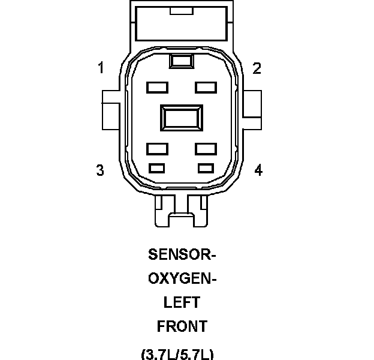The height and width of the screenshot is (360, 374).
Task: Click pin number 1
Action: (101, 68)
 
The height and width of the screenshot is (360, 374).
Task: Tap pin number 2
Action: (257, 68)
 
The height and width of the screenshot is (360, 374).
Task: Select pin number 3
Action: (100, 170)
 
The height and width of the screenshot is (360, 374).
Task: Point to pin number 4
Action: (258, 170)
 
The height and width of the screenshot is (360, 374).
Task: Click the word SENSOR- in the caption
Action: (182, 254)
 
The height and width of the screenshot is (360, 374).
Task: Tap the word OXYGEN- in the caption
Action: (182, 278)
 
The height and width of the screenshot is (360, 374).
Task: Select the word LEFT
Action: (182, 302)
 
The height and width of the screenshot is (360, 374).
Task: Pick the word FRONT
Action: (182, 326)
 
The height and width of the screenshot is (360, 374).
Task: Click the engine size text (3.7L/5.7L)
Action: (177, 353)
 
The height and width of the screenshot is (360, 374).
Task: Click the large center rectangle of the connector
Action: (182, 117)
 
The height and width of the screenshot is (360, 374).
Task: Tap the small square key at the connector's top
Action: (181, 61)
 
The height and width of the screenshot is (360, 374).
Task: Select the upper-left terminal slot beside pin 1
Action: (157, 87)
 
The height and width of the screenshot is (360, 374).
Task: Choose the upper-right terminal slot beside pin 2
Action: (205, 87)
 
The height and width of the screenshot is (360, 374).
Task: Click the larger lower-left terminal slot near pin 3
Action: (157, 147)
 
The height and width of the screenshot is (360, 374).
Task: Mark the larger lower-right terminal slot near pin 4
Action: (205, 147)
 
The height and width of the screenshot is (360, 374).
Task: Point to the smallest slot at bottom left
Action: (157, 167)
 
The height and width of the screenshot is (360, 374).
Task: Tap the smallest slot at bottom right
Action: (206, 167)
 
